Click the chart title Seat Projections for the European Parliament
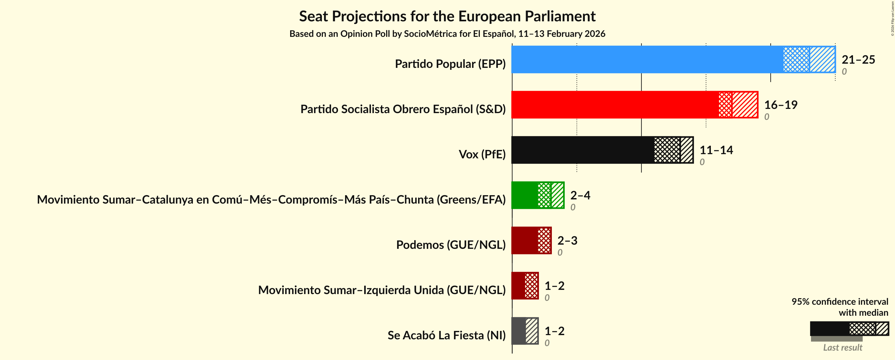pyautogui.click(x=447, y=16)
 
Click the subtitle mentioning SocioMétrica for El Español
pyautogui.click(x=447, y=34)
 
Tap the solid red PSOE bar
pyautogui.click(x=615, y=105)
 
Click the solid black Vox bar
pyautogui.click(x=582, y=150)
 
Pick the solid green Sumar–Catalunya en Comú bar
pyautogui.click(x=524, y=195)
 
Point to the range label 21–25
pyautogui.click(x=858, y=59)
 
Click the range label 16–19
pyautogui.click(x=780, y=105)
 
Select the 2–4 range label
pyautogui.click(x=580, y=195)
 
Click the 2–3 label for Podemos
pyautogui.click(x=567, y=240)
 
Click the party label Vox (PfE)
pyautogui.click(x=482, y=154)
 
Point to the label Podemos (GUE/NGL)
pyautogui.click(x=451, y=245)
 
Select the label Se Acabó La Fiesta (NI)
pyautogui.click(x=447, y=335)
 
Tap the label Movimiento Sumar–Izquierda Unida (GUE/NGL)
pyautogui.click(x=382, y=290)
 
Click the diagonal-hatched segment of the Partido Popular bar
pyautogui.click(x=822, y=59)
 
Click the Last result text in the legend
pyautogui.click(x=842, y=347)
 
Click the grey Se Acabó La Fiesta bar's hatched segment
pyautogui.click(x=532, y=331)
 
